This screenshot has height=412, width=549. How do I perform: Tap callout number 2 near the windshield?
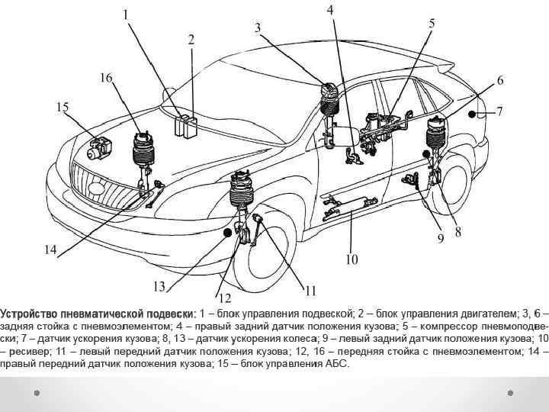(191, 39)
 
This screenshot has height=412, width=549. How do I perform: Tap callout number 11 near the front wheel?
(310, 290)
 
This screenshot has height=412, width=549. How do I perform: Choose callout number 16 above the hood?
(106, 77)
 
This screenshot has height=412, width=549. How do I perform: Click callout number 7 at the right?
(499, 111)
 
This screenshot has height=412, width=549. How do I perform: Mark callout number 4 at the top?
(329, 10)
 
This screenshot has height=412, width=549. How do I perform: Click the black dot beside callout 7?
(473, 114)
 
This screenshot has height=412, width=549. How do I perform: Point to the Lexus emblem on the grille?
(96, 185)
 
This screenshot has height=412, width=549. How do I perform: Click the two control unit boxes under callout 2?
(185, 125)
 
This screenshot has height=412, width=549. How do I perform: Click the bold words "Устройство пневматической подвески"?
(97, 314)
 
